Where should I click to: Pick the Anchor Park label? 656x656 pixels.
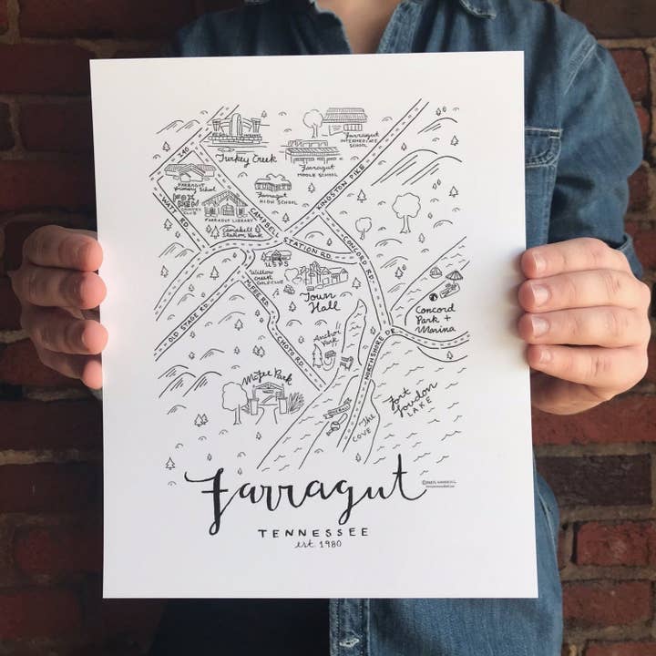[x=327, y=340]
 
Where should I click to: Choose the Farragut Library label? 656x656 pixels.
[x=223, y=220]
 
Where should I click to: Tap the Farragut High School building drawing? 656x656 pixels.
[x=272, y=183]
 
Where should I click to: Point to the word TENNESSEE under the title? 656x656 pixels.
[x=313, y=533]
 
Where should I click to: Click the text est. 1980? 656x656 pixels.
[x=315, y=546]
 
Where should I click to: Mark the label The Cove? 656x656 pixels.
[x=364, y=427]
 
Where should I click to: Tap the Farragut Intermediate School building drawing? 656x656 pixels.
[x=345, y=119]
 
